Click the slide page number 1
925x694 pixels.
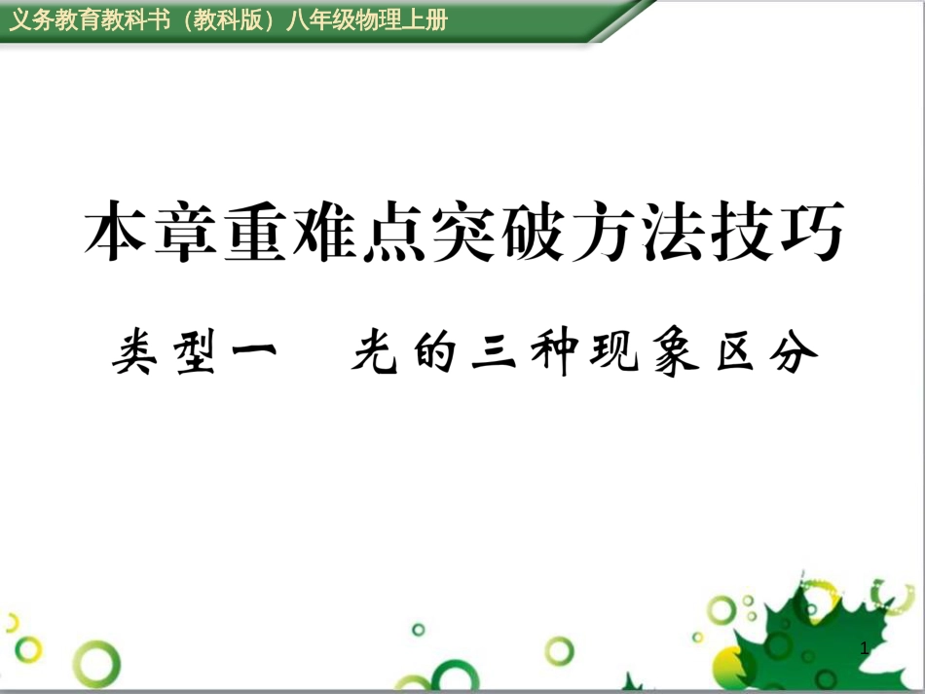pos(865,648)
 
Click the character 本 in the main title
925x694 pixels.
pos(115,231)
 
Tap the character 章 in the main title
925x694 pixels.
pos(185,231)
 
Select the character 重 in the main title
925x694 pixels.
pos(255,231)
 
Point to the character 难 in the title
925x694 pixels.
pos(324,231)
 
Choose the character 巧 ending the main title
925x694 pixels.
pos(812,231)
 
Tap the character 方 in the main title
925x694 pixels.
pos(603,231)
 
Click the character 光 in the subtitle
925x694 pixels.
pos(375,352)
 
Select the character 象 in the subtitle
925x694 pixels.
pos(676,352)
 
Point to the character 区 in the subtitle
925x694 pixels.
pos(736,352)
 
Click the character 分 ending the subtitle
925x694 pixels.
pos(794,352)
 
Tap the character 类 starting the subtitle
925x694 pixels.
pos(135,352)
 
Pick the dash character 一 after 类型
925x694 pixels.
pos(254,350)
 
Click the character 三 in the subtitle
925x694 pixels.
pos(495,352)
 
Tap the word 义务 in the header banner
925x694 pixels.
pos(32,20)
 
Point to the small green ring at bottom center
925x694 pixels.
pos(419,630)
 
